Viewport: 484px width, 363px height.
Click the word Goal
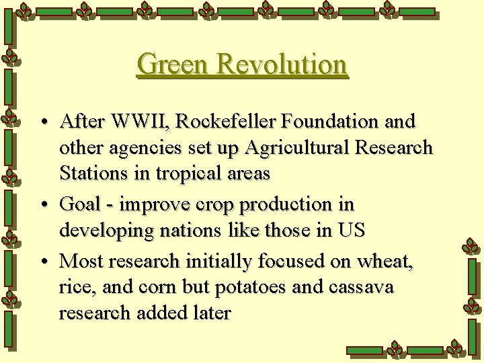(x=81, y=204)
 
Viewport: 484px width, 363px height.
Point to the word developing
(x=107, y=231)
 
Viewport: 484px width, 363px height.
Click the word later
(x=211, y=312)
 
